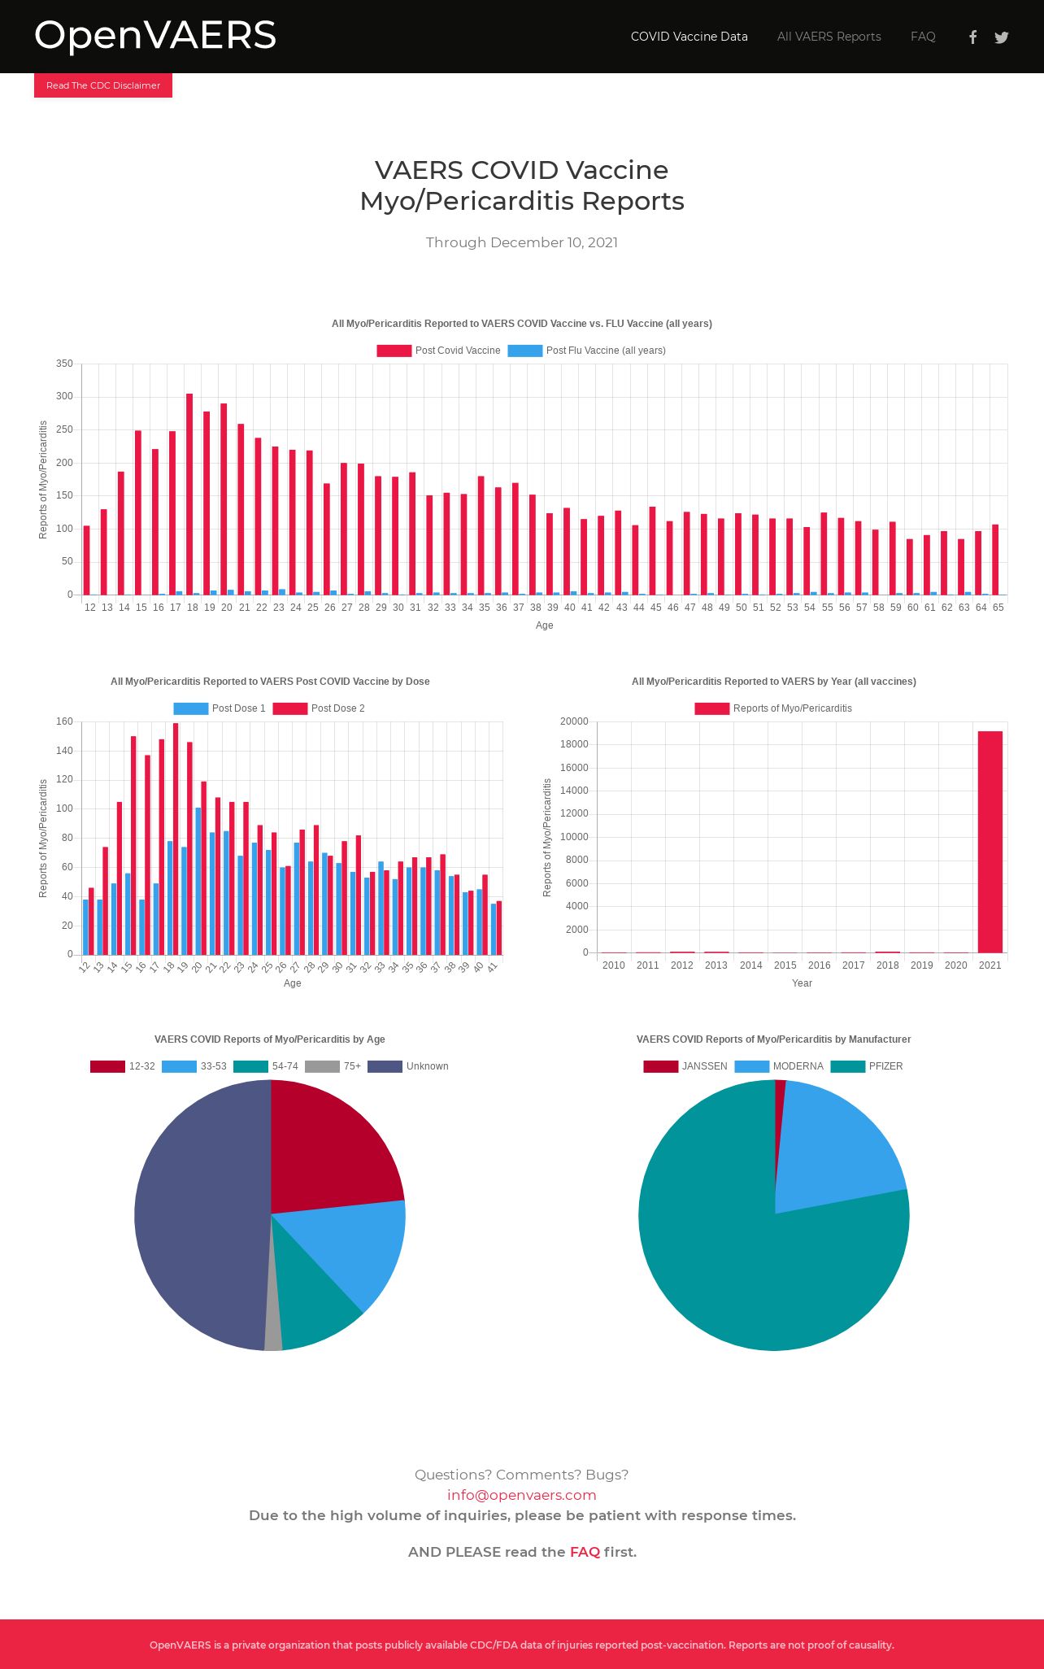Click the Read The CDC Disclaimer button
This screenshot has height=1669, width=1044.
(x=103, y=85)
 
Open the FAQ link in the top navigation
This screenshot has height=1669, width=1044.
(x=923, y=37)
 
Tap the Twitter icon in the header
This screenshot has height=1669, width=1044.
(x=1002, y=37)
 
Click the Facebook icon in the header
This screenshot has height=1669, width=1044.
(x=972, y=37)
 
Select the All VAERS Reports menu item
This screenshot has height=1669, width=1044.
(x=829, y=37)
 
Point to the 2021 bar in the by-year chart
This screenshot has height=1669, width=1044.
(x=990, y=842)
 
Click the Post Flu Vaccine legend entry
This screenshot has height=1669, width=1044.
(x=586, y=351)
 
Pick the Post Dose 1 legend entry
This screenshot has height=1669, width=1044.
(x=220, y=708)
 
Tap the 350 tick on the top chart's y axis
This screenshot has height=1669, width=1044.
(x=64, y=364)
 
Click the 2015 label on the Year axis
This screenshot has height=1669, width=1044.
(x=785, y=965)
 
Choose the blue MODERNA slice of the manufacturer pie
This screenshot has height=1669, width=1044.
(x=837, y=1147)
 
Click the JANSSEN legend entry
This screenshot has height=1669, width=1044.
(x=685, y=1066)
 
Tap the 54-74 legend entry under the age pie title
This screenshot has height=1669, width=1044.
(x=266, y=1066)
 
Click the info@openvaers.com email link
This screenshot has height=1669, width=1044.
(x=521, y=1495)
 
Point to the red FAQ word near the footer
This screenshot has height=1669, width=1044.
(x=585, y=1552)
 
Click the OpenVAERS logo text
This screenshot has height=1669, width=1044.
(x=155, y=36)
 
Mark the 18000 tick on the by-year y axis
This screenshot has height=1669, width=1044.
(x=574, y=744)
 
